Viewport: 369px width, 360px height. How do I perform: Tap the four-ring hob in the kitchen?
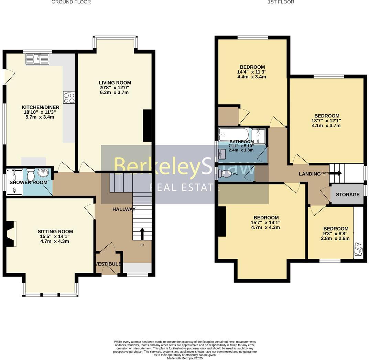pos(69,97)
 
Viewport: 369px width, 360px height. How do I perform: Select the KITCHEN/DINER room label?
pos(41,108)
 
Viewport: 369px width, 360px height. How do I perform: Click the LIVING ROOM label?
pos(115,83)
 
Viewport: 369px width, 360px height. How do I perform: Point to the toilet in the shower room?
pos(30,175)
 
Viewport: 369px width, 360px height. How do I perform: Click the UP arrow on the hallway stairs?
pos(142,233)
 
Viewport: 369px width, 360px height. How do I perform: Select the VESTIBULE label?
pos(108,264)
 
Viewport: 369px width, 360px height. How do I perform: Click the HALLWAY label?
pos(124,209)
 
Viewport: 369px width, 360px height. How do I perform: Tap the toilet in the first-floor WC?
pos(225,174)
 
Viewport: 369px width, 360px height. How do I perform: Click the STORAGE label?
pos(347,194)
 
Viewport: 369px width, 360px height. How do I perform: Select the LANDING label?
pos(309,174)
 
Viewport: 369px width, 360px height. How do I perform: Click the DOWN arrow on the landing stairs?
pos(335,173)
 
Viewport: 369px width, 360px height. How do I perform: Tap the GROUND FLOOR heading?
pos(71,2)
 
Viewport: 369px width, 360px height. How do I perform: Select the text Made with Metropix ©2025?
pos(185,358)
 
